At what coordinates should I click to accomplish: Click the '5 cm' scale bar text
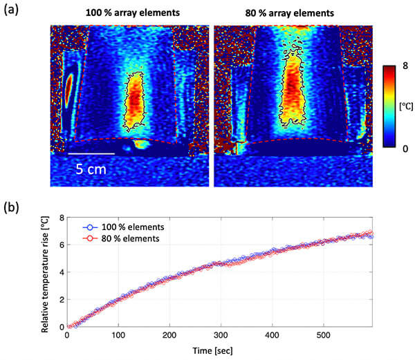pyautogui.click(x=91, y=167)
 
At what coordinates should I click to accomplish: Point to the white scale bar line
pyautogui.click(x=91, y=153)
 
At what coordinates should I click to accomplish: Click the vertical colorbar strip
pyautogui.click(x=382, y=106)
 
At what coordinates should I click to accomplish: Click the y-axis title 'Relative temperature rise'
pyautogui.click(x=47, y=272)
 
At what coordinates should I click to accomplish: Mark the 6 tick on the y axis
pyautogui.click(x=61, y=245)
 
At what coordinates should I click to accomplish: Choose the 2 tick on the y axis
pyautogui.click(x=61, y=299)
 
